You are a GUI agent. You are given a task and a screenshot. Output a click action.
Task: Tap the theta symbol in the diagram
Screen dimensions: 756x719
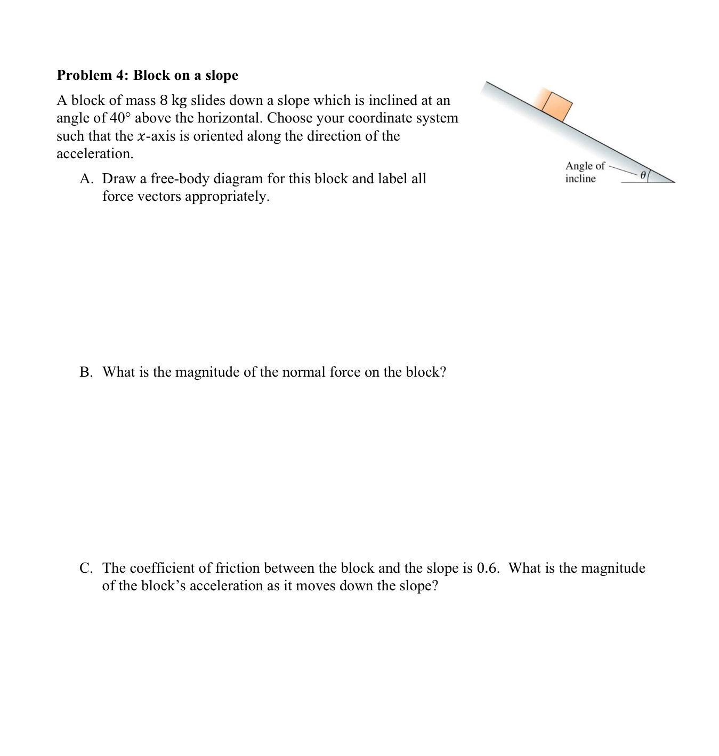click(643, 174)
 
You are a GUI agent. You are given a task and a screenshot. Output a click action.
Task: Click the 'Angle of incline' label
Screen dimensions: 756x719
click(585, 172)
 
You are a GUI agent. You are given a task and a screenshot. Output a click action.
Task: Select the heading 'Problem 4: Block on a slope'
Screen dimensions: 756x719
click(147, 75)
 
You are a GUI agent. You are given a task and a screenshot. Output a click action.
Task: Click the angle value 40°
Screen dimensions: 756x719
click(120, 118)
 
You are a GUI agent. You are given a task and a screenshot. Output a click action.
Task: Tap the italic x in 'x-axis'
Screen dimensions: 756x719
click(141, 136)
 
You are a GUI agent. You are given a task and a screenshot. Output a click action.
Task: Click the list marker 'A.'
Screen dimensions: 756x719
click(86, 178)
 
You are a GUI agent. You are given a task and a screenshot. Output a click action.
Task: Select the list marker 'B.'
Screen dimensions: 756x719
click(86, 372)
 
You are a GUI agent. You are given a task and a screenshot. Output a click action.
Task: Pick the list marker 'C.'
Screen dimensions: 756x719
click(86, 568)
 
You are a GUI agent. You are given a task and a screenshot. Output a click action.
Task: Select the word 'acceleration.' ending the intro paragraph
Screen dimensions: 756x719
click(95, 154)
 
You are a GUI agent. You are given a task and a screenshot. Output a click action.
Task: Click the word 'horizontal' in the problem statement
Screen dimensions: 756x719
click(229, 118)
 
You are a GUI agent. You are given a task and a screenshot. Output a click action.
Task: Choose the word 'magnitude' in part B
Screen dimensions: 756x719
click(207, 372)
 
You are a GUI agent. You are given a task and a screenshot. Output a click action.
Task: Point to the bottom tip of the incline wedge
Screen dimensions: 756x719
click(675, 182)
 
